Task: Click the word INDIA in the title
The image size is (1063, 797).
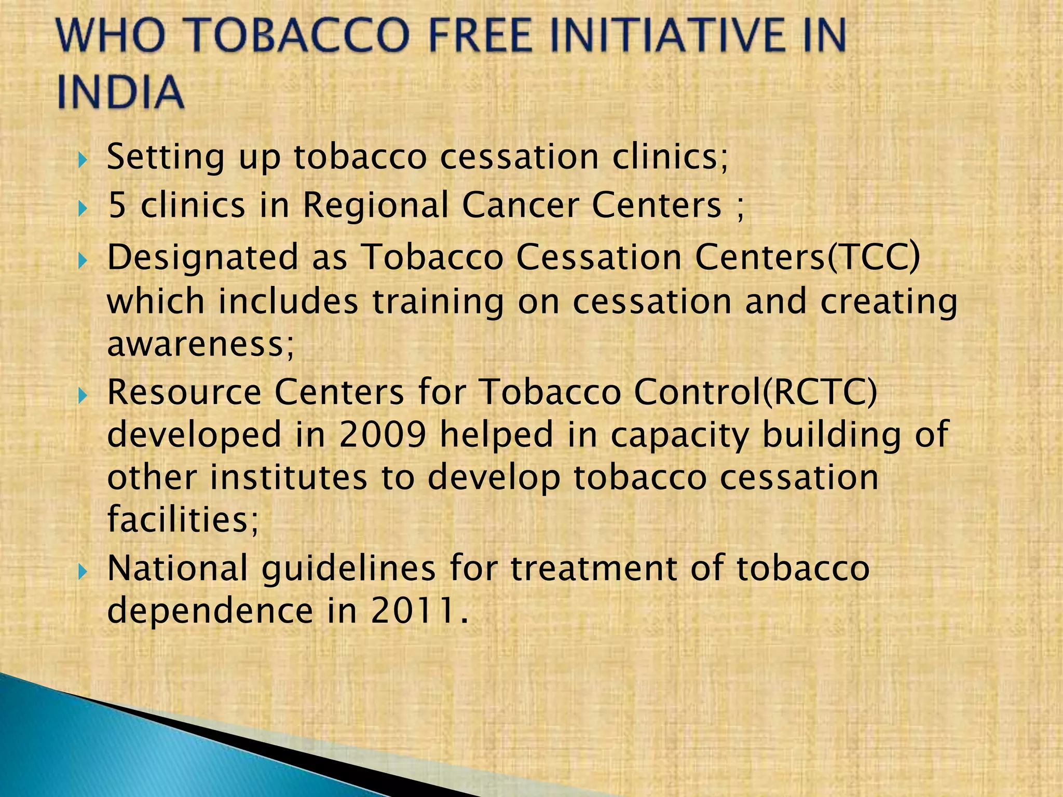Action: click(x=120, y=92)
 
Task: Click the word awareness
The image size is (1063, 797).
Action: click(x=200, y=345)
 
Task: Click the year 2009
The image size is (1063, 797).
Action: click(x=382, y=434)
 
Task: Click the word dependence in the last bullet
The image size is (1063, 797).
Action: click(x=210, y=610)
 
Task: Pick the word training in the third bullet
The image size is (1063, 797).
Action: click(x=438, y=303)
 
